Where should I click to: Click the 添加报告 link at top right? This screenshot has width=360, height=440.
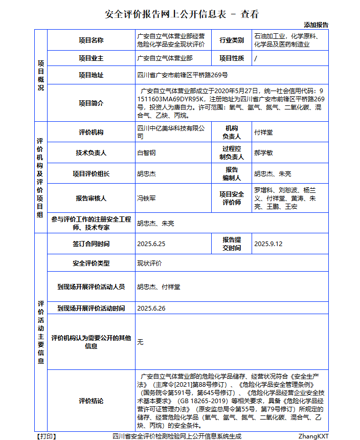pos(316,25)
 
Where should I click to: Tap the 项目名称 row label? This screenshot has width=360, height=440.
pos(91,40)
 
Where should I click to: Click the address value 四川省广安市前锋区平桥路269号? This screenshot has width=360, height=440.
pos(182,75)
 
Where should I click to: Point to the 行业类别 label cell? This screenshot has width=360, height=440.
pos(231,40)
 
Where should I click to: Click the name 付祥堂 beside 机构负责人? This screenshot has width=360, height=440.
pos(263,132)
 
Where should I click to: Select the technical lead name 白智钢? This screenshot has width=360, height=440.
pos(146,152)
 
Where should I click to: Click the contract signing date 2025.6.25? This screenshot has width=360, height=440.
pos(151,244)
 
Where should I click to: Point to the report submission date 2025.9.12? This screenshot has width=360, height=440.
pos(268,244)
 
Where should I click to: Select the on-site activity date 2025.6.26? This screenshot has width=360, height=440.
pos(151,308)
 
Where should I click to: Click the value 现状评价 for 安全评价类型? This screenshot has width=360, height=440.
pos(149,263)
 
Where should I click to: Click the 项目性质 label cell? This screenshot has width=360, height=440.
pos(231,58)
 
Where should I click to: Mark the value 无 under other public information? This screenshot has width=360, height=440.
pos(140,342)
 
